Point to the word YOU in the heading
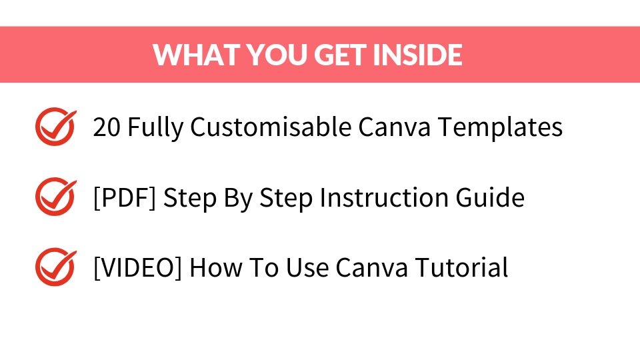(x=276, y=55)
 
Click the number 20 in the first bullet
(x=107, y=127)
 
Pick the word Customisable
(x=271, y=127)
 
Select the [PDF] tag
(x=125, y=198)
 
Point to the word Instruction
(x=384, y=197)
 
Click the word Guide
(x=490, y=197)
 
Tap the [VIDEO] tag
(x=137, y=268)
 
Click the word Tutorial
(x=462, y=268)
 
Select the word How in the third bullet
(x=216, y=268)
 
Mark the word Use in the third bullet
(x=307, y=268)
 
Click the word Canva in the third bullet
(x=372, y=268)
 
